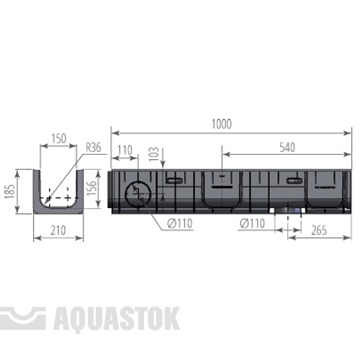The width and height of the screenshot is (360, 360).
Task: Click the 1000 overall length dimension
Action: pos(222,124)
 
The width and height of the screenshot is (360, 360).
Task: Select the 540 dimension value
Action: pos(287,148)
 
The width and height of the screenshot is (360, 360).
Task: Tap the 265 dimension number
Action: pos(319,230)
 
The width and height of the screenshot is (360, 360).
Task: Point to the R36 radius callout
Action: pos(94,148)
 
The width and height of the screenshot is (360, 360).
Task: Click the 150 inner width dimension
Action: pos(59,138)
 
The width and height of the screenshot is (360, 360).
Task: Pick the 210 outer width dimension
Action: pos(58,230)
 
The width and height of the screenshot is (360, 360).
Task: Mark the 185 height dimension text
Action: pos(10,192)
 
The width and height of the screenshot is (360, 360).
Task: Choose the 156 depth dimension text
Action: pos(91,188)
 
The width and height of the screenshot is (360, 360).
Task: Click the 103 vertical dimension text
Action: pos(154,154)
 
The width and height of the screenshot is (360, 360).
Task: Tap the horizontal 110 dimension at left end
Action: pos(125,150)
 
